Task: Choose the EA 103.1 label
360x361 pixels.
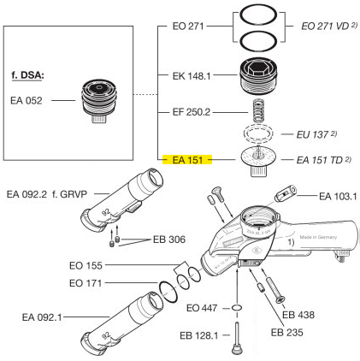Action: [x=337, y=197]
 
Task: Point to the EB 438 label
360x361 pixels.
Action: [x=299, y=315]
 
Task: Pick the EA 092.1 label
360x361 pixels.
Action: [x=45, y=317]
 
